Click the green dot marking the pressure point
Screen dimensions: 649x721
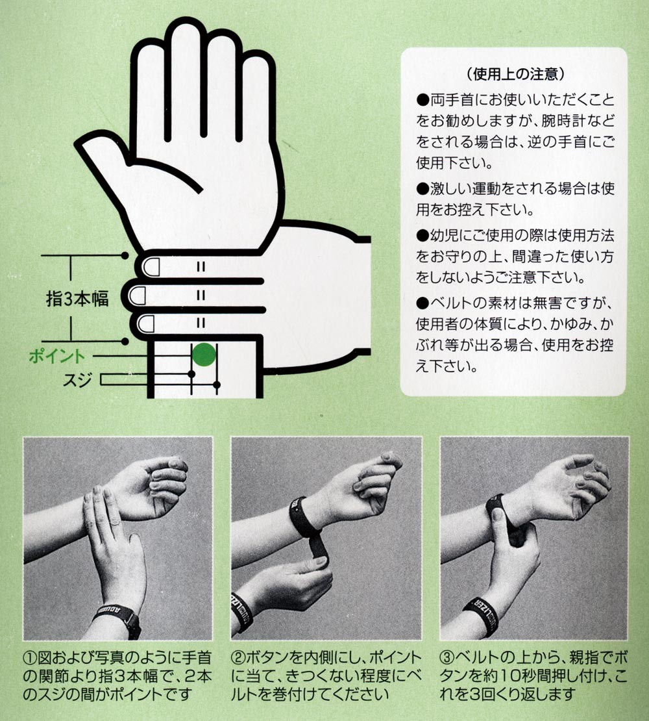click(204, 355)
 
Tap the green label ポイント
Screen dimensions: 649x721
click(57, 356)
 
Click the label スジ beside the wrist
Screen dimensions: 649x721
click(77, 380)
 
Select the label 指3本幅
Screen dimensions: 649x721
click(77, 298)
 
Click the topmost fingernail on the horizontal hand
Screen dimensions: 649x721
click(150, 267)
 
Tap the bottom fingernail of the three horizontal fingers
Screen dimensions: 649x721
click(147, 324)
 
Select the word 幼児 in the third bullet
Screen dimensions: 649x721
click(443, 235)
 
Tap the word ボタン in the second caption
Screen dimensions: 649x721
click(266, 657)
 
